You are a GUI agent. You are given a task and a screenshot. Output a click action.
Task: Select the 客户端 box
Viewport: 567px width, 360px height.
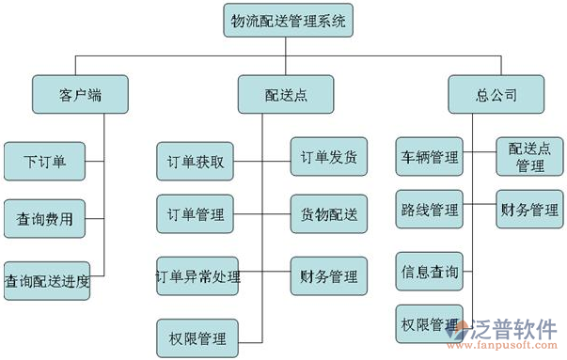[x=79, y=94]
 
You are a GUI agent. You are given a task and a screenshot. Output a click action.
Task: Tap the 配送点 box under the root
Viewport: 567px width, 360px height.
[x=286, y=94]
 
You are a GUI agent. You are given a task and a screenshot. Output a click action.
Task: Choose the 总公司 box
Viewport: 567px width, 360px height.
[x=496, y=94]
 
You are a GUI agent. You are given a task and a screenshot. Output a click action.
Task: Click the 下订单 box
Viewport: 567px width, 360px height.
[x=45, y=161]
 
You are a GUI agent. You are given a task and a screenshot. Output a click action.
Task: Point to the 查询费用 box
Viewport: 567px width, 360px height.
[x=45, y=219]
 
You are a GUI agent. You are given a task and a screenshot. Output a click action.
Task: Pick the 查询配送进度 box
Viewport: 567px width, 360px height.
[x=47, y=280]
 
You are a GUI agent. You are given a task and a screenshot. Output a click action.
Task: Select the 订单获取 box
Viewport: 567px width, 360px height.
[x=195, y=161]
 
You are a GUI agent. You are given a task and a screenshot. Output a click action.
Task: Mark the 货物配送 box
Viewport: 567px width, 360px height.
[x=328, y=214]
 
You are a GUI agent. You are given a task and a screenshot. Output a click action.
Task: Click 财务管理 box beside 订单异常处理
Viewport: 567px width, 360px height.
[x=328, y=276]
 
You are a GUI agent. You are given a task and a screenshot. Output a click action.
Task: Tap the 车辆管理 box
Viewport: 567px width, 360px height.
[x=429, y=156]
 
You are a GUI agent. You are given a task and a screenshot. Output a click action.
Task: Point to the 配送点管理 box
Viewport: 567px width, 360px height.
[x=530, y=157]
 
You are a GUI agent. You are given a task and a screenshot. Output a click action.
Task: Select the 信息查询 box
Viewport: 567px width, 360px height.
[x=429, y=273]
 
